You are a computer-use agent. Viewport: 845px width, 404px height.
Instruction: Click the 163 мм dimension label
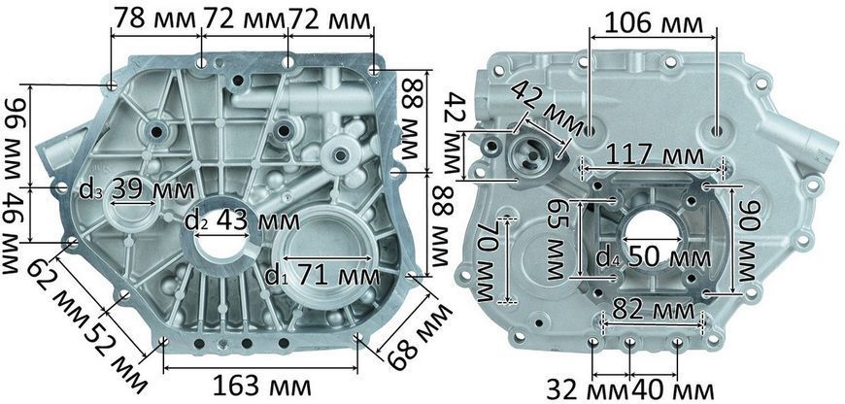262,387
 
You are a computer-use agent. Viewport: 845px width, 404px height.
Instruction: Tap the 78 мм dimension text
153,20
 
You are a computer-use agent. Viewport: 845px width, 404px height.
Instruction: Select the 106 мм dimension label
654,24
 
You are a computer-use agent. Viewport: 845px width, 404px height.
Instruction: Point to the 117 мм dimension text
655,156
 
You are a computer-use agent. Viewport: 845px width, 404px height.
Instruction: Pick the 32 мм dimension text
588,388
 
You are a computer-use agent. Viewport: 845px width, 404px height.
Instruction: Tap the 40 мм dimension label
673,388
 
